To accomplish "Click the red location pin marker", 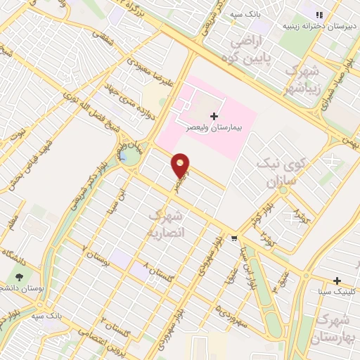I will (x=181, y=165).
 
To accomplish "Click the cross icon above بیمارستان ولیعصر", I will (x=214, y=115).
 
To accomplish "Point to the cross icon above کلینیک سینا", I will (x=337, y=280).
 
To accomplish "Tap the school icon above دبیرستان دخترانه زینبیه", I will (x=319, y=14).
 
